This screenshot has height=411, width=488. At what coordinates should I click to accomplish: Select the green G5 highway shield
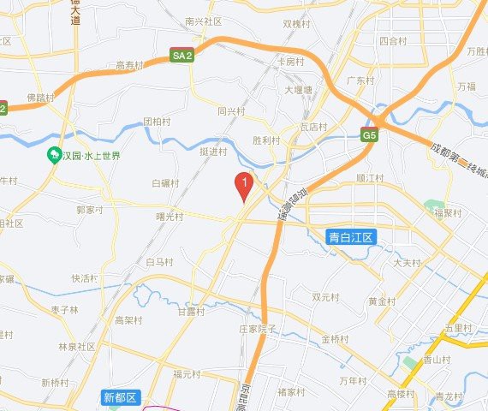point(369,135)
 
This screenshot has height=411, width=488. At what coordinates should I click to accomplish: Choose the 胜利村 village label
point(267,140)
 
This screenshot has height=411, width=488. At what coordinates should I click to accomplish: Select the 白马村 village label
point(160,261)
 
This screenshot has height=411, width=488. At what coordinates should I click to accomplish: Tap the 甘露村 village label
point(191,312)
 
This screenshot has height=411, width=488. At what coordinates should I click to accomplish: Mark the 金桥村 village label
point(336,339)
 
